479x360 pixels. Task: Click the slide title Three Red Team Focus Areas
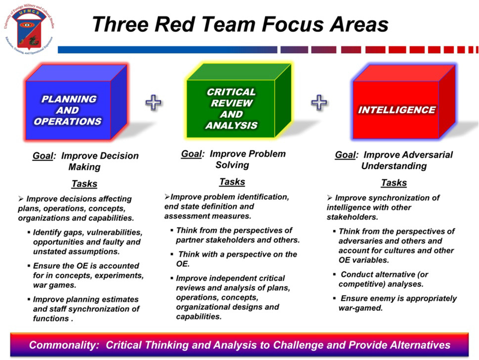tap(240, 24)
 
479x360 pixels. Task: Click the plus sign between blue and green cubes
tap(153, 102)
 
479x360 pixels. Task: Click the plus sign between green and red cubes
tap(319, 102)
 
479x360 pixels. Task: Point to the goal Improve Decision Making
tap(86, 161)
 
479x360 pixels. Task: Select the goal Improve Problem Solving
tap(233, 159)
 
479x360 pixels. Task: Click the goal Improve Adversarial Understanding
tap(394, 160)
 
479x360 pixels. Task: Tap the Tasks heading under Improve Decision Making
tap(84, 184)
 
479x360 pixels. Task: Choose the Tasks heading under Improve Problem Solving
tap(232, 181)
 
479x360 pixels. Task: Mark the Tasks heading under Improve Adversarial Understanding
tap(394, 183)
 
